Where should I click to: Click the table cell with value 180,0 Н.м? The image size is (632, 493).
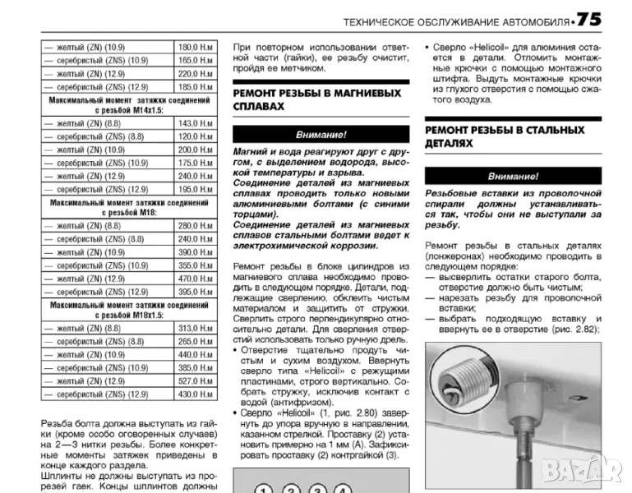(195, 47)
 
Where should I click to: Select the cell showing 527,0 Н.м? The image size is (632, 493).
(195, 381)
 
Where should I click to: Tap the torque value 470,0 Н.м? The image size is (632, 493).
(195, 279)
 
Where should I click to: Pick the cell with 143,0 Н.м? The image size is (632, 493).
(195, 123)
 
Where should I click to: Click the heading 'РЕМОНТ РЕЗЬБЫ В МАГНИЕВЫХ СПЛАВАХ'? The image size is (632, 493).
(317, 99)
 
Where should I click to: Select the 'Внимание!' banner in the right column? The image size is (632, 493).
(513, 176)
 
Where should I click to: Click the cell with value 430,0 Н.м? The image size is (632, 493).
(195, 394)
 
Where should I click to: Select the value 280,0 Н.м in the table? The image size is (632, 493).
(195, 226)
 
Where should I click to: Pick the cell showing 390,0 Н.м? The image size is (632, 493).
(195, 251)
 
